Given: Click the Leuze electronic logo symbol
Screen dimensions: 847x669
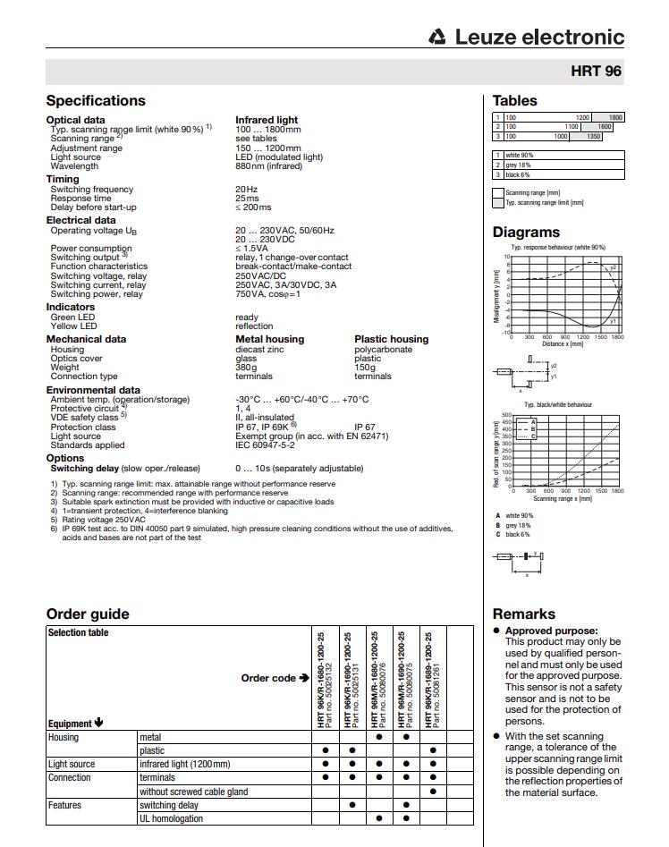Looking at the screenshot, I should pos(437,38).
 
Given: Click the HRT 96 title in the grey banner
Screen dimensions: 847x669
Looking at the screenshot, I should pos(596,72).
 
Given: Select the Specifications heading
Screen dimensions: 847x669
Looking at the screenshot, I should pos(96,101).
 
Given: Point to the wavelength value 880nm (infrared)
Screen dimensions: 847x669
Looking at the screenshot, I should pos(269,166).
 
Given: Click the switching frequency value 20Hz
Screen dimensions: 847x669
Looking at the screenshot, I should pos(247,190).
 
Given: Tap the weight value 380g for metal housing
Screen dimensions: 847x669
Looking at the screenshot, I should pos(246,368).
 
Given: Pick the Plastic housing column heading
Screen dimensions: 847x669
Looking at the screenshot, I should pos(391,340).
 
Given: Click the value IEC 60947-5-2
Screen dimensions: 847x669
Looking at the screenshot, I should pos(265,445).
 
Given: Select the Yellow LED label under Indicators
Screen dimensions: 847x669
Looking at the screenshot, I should pos(72,326).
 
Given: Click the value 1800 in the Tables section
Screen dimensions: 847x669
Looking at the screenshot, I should pos(615,118).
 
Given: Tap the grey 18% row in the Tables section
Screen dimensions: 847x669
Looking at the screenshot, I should pos(519,165).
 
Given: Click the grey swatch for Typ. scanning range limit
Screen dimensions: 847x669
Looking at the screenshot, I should pos(498,203).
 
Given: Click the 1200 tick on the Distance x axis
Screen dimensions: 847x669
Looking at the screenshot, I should pos(582,337).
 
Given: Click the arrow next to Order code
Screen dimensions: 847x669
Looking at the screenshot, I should pos(304,678).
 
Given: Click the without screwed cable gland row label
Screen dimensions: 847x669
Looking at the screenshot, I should pos(193,792).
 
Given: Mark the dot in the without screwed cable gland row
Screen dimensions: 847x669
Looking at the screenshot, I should pos(433,792).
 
